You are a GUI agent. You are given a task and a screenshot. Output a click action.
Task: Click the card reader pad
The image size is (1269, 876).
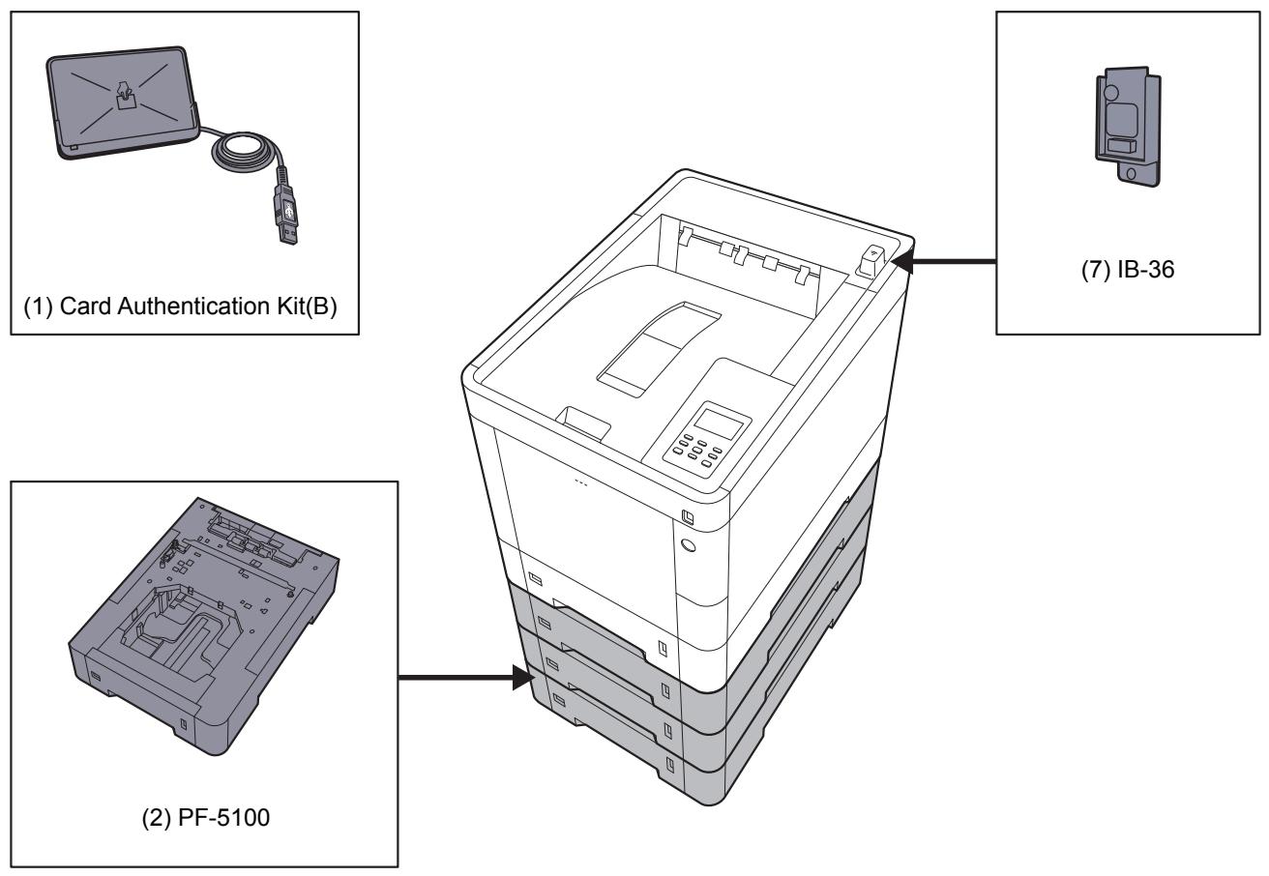pyautogui.click(x=122, y=97)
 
